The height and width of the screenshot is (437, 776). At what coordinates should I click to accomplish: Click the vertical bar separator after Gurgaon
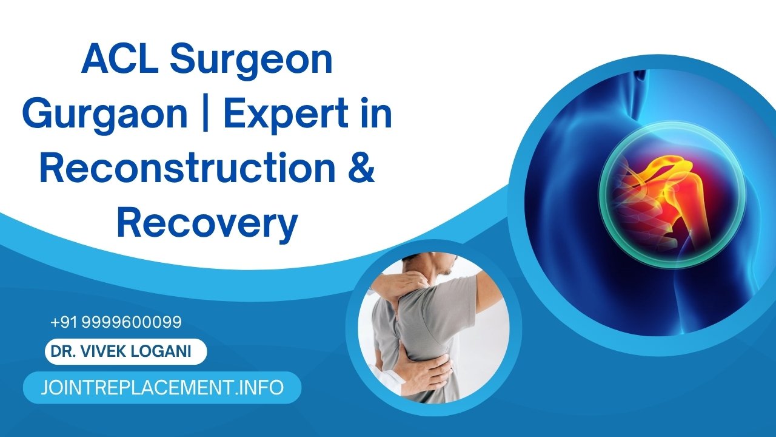pos(206,115)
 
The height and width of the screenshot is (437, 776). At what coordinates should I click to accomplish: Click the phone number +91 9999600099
pos(116,322)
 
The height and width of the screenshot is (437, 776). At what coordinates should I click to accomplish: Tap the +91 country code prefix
pos(64,322)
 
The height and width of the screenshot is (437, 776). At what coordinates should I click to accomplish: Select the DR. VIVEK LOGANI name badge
pos(126,352)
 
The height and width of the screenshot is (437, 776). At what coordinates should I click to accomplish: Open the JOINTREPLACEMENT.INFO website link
pos(162,388)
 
